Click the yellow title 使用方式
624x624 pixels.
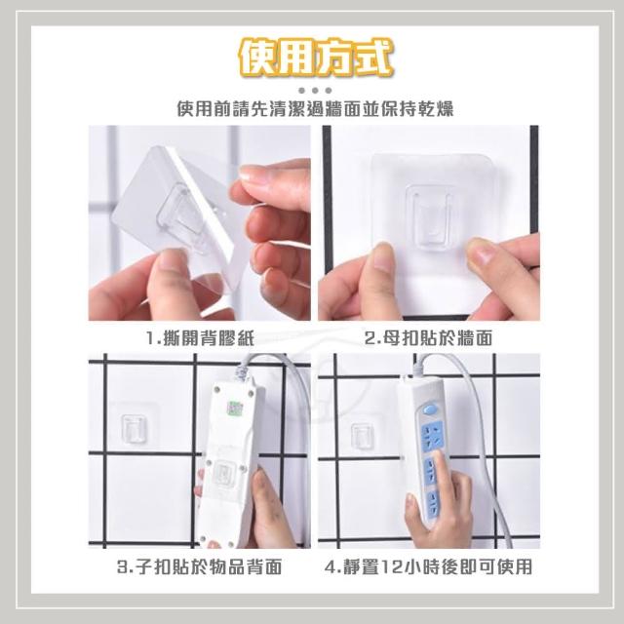[x=315, y=58]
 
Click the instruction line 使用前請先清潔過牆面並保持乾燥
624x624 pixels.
[x=315, y=108]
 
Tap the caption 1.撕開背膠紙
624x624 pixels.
[x=200, y=338]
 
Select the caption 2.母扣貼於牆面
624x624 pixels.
[x=429, y=338]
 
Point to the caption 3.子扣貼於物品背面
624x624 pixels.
[x=199, y=566]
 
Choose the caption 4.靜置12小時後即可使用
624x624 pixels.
[x=428, y=566]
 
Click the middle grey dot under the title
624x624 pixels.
[x=315, y=91]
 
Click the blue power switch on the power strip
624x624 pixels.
[x=429, y=409]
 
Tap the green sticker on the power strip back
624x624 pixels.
[x=233, y=407]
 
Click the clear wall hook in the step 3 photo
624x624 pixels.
[x=133, y=428]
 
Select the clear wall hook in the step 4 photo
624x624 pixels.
[x=362, y=437]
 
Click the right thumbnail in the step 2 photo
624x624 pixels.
[x=480, y=253]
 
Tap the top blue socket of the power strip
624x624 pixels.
[x=432, y=435]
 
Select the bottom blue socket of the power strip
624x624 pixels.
[x=433, y=503]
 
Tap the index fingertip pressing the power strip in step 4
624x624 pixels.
[x=438, y=458]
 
